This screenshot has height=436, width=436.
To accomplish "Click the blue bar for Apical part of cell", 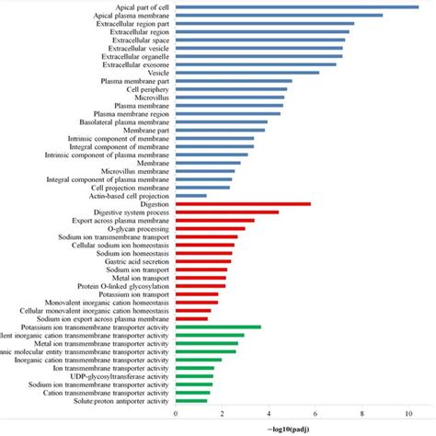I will click(296, 6).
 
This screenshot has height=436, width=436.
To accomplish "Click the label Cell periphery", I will click(147, 89).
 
